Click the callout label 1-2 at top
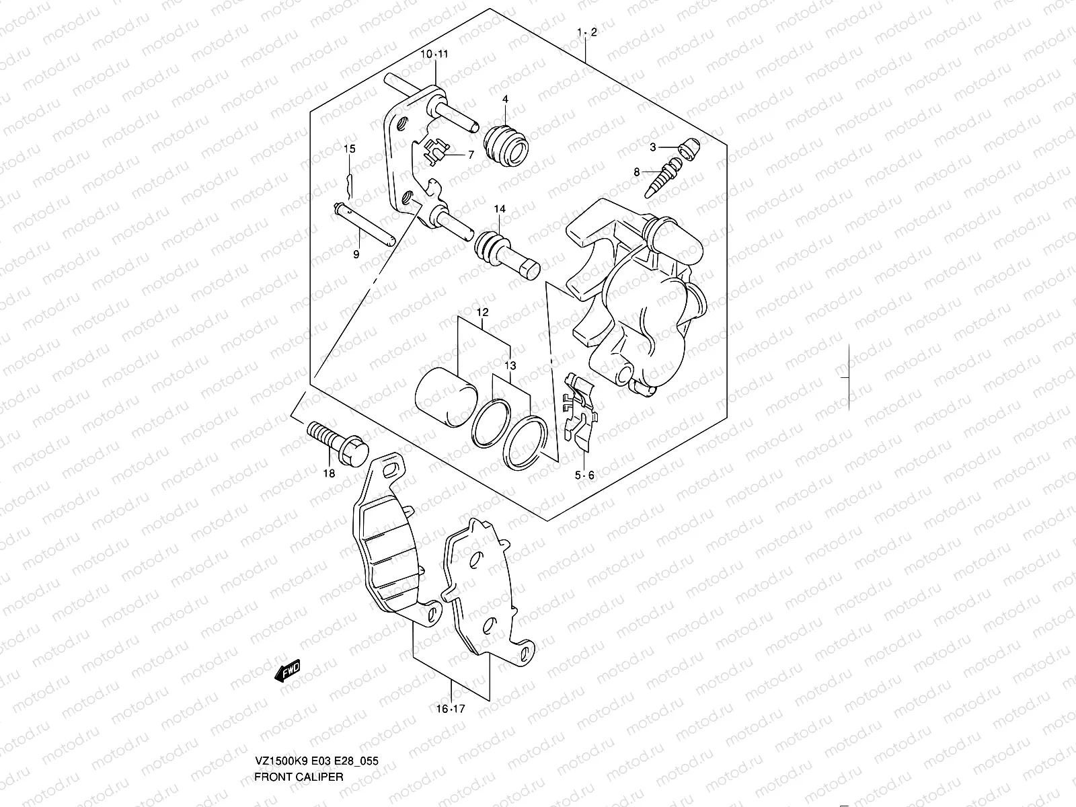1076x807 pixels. point(586,32)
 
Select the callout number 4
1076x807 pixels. point(504,99)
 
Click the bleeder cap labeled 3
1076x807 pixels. point(688,147)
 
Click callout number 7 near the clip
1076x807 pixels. point(471,155)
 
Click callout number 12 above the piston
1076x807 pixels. point(482,312)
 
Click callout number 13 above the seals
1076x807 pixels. point(511,365)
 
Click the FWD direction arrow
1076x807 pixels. point(288,670)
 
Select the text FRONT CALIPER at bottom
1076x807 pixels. point(299,777)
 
